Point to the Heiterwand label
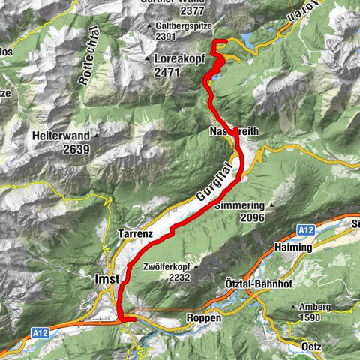(x=61, y=136)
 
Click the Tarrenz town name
(x=135, y=235)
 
